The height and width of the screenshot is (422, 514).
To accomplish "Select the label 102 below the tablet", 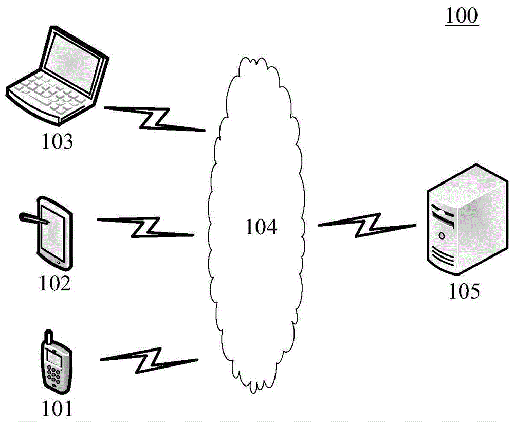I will click(x=56, y=283).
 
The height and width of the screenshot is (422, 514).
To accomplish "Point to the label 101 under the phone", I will click(x=57, y=409).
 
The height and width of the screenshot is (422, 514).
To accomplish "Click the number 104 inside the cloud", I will click(x=261, y=227).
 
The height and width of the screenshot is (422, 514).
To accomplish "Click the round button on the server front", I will click(x=442, y=235).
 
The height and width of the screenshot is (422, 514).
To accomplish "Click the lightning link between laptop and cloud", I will click(x=155, y=118).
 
